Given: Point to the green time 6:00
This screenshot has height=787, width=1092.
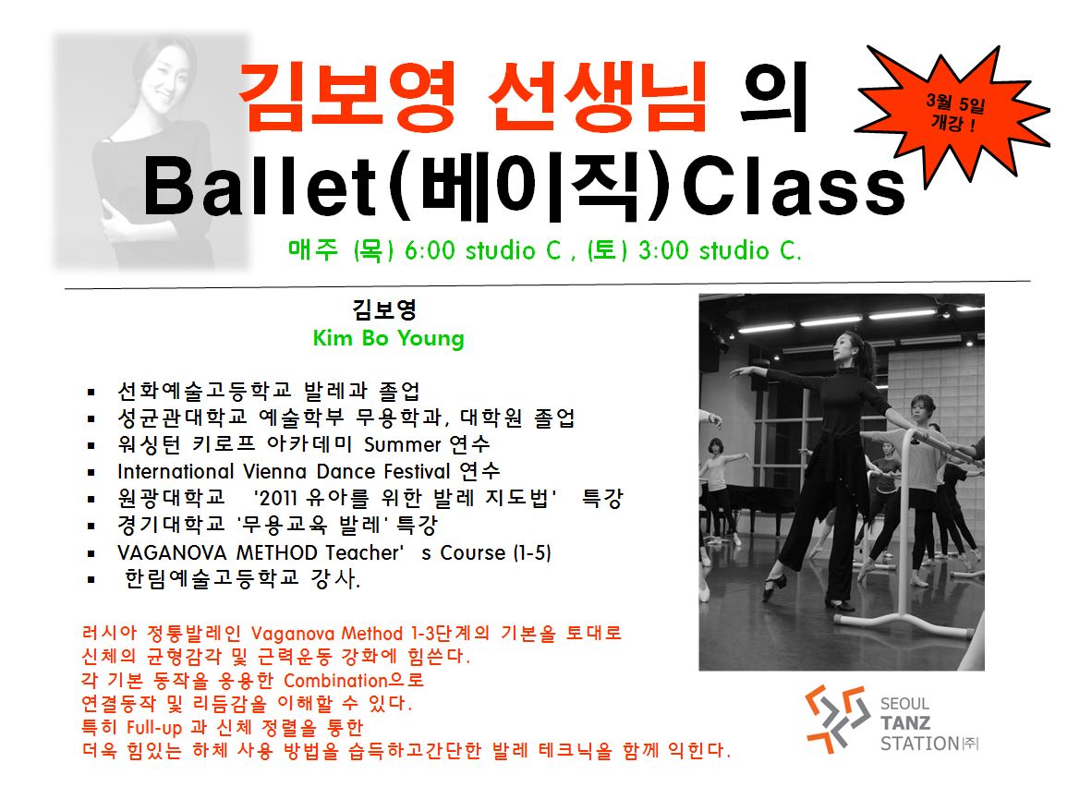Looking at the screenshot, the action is click(x=429, y=250).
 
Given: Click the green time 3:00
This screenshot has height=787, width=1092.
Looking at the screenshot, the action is click(x=663, y=250).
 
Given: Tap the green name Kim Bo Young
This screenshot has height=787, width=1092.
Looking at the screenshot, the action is click(x=388, y=339).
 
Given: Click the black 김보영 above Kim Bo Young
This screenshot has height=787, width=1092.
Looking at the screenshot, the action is click(x=383, y=309).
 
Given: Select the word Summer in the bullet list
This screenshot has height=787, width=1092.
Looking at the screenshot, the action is click(x=403, y=444).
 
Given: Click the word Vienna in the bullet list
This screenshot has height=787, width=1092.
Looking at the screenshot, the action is click(x=276, y=471).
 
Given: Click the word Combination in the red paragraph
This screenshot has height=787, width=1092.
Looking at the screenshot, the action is click(x=335, y=681).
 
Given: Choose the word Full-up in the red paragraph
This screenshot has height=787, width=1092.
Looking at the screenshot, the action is click(x=154, y=729).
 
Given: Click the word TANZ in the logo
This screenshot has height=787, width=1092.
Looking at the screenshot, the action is click(x=905, y=723).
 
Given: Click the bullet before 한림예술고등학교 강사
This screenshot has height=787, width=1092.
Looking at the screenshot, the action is click(x=91, y=580).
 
